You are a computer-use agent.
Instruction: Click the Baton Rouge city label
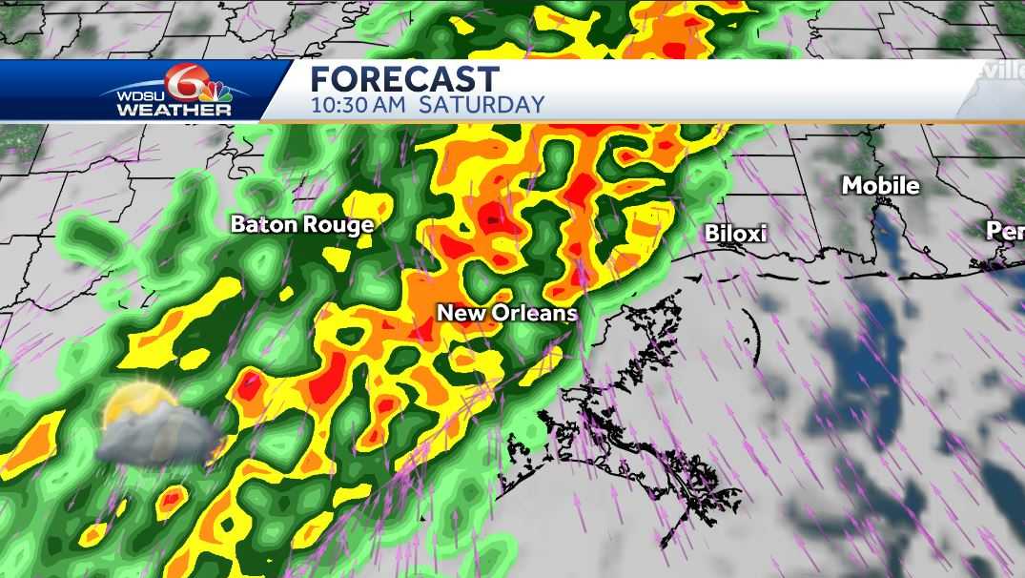(x=302, y=225)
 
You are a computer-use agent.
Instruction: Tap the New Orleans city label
(x=507, y=313)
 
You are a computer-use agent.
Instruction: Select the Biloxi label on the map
(x=736, y=235)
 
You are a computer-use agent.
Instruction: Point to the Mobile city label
(x=880, y=186)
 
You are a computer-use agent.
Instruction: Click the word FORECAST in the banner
(x=404, y=79)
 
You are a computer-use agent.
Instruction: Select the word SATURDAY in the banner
(x=482, y=105)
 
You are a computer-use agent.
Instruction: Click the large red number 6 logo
(x=180, y=83)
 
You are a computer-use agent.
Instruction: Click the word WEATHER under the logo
(x=174, y=111)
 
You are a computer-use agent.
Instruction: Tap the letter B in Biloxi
(x=711, y=235)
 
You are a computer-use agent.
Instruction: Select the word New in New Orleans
(x=457, y=313)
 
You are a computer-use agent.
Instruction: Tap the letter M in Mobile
(x=851, y=186)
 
